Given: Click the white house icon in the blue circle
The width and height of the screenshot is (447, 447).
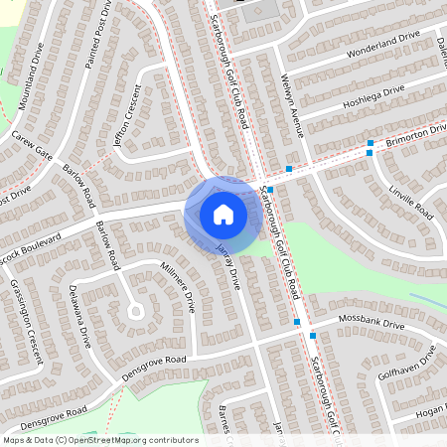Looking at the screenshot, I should point(223,215).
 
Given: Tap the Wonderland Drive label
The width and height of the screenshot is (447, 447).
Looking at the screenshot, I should point(379,44).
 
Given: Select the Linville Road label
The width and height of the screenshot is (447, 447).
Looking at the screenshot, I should point(411,201).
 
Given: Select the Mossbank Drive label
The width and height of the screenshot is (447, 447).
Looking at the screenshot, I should point(372,326).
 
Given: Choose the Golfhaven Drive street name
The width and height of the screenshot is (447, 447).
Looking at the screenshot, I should point(414,365).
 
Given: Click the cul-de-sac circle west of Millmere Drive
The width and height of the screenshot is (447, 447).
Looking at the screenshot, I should point(135,311).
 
